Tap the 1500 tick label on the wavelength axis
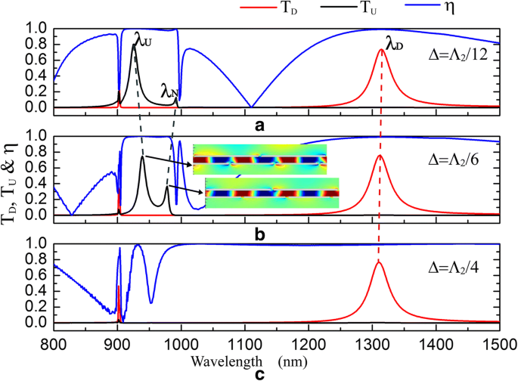point(498,342)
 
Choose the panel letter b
point(259,234)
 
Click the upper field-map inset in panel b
point(260,160)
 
